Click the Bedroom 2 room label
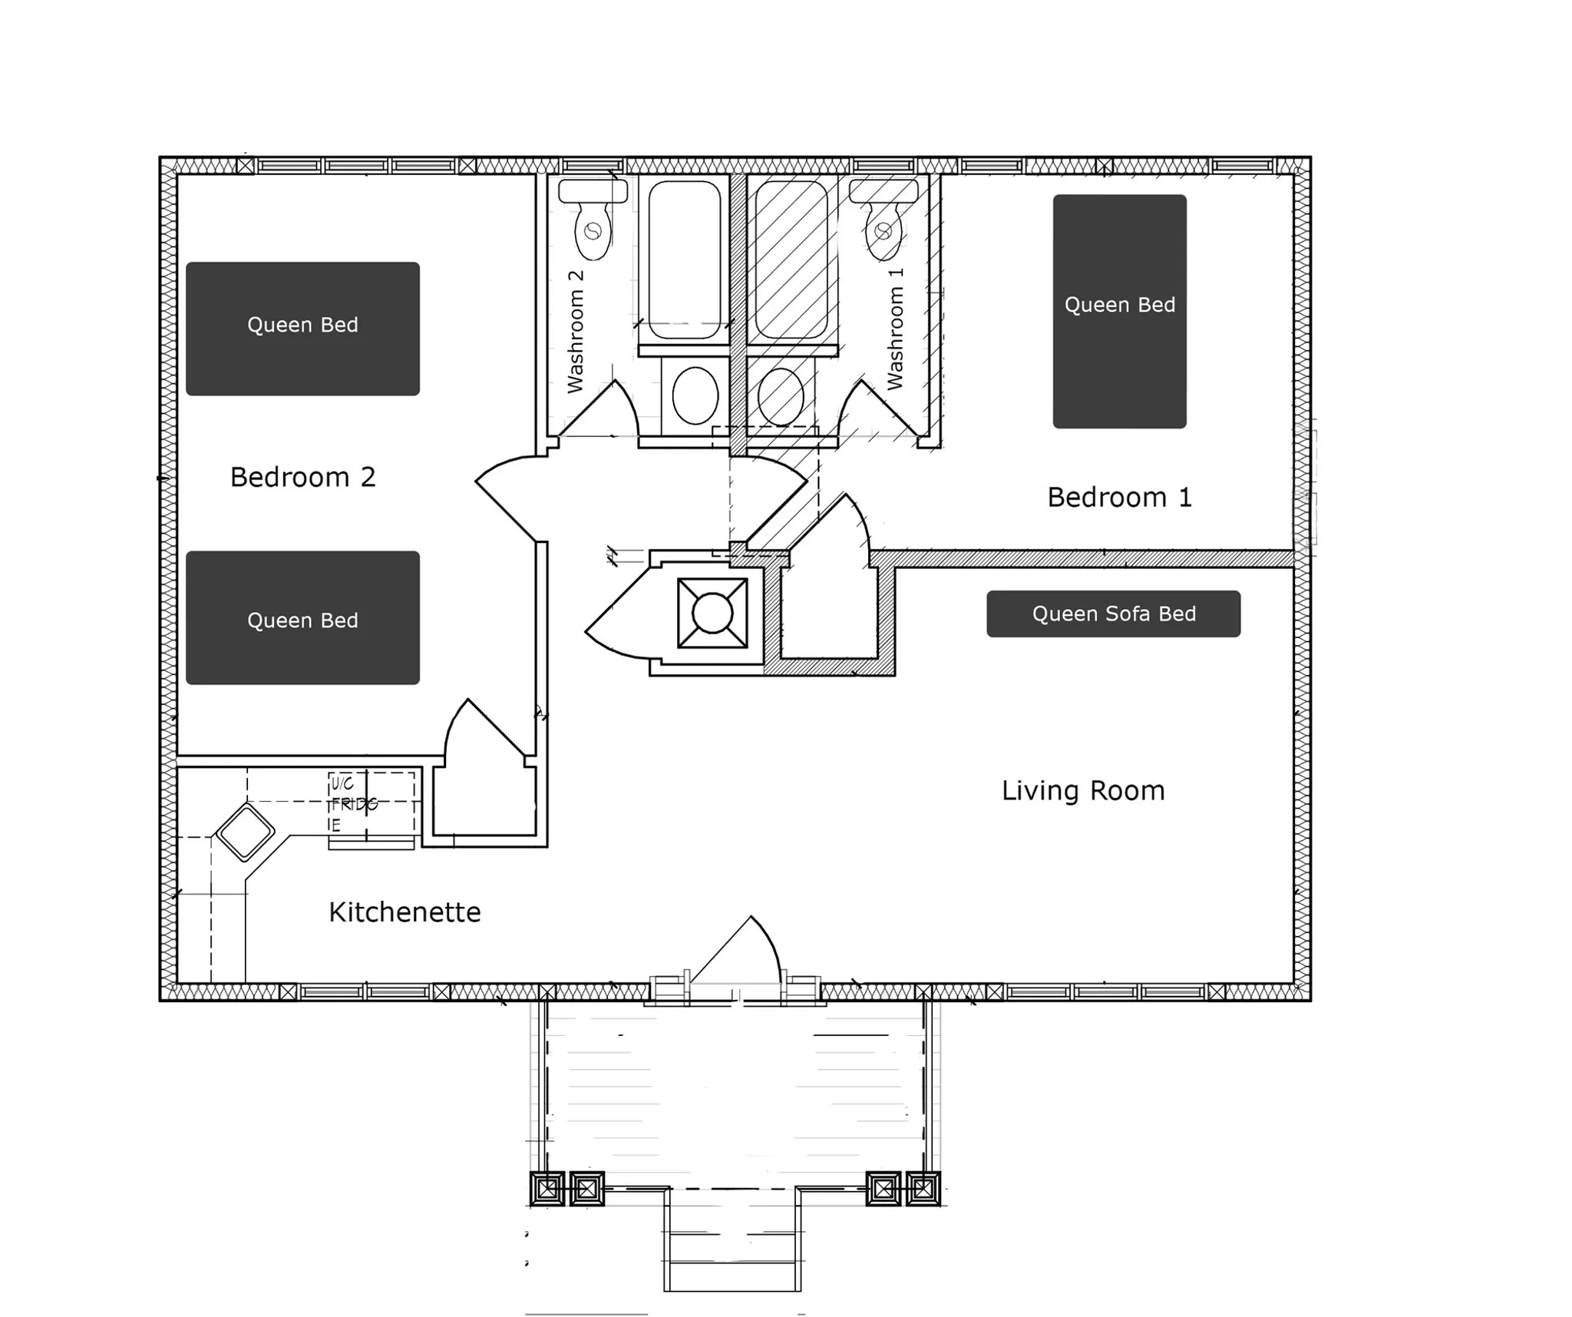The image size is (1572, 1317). pos(302,477)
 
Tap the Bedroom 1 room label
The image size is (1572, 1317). pos(1119,497)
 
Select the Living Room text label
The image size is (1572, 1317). pos(1083,790)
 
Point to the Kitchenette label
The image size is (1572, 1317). pos(405,912)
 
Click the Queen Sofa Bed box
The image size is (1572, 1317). pos(1113,614)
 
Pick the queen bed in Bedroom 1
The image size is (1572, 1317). pos(1119,311)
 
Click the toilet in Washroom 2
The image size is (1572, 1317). pos(593,219)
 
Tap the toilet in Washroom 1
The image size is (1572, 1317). pos(883,219)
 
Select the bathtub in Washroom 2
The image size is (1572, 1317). pos(684,260)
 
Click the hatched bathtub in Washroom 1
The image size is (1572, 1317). pos(791,260)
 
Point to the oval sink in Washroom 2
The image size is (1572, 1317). pos(695,395)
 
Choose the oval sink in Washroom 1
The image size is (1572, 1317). pos(781,395)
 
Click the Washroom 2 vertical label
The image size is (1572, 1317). pos(575,331)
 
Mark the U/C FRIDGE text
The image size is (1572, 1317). pos(354,804)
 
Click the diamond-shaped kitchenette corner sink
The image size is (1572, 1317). pos(245,832)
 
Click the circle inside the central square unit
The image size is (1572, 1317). pos(712,613)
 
